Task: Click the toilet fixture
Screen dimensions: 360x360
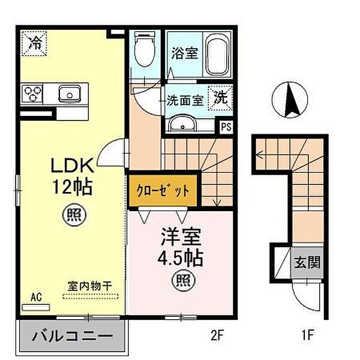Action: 145,49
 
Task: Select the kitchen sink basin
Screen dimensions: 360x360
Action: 70,94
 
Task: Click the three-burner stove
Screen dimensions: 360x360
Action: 32,94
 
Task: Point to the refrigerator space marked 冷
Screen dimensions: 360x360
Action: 34,43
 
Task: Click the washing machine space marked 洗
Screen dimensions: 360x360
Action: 220,98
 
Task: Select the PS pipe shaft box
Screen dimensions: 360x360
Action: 226,127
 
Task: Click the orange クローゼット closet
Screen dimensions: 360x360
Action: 163,191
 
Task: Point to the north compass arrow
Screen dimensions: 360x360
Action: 290,101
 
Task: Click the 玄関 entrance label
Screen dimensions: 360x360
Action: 307,262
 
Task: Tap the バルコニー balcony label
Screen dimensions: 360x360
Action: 73,336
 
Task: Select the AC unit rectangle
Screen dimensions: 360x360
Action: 36,307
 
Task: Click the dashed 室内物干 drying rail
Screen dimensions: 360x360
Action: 91,296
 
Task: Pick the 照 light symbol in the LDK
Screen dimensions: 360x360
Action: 74,215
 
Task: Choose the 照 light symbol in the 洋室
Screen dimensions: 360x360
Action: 183,280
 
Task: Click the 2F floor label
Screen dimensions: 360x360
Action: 217,336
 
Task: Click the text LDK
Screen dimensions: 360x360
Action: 73,165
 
